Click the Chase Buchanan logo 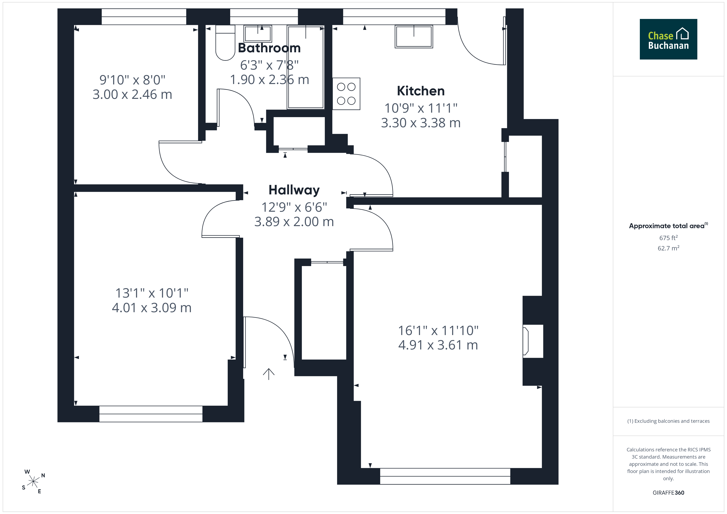[x=668, y=39]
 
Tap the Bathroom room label [x=269, y=48]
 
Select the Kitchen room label [x=421, y=91]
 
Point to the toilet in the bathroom [x=225, y=43]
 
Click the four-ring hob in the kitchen [x=346, y=94]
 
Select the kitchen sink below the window [x=414, y=37]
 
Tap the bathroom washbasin [x=258, y=34]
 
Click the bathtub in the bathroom [x=306, y=67]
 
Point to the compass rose [x=33, y=482]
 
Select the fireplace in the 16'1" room [x=533, y=341]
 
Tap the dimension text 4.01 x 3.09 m [x=152, y=308]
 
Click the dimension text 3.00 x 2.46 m [x=132, y=94]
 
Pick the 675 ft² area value [x=668, y=238]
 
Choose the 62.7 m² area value [x=668, y=248]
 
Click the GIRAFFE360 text [x=668, y=493]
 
